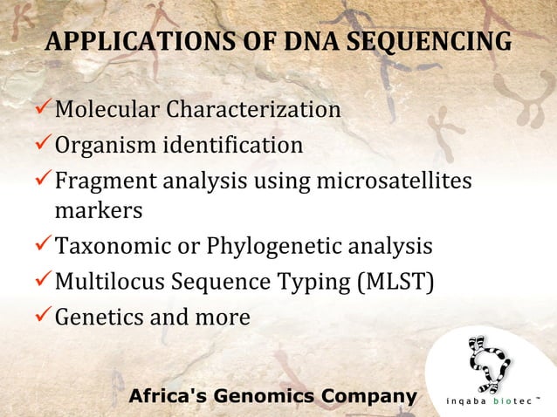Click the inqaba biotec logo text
click(x=494, y=402)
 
